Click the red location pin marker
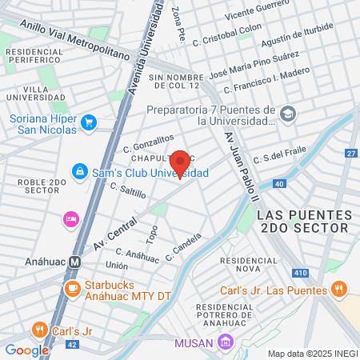pos(180,163)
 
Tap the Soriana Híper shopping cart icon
pos(89,122)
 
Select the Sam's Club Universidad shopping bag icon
pos(78,171)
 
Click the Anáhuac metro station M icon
pos(74,261)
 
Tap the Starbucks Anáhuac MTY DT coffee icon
pos(73,288)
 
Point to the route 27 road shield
pos(350,153)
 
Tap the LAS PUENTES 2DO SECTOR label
pos(304,222)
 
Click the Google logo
pos(26,350)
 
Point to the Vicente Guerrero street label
pos(258,16)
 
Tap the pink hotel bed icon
pos(70,218)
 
